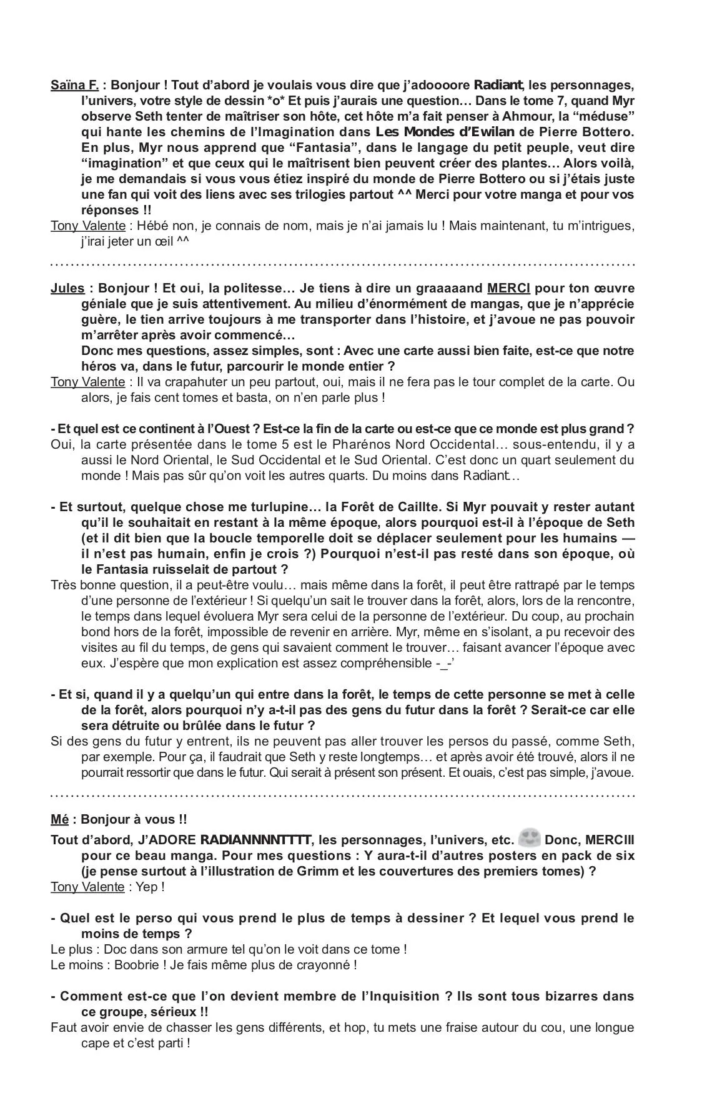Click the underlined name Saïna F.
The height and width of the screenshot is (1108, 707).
tap(74, 85)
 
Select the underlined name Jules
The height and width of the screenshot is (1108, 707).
tap(67, 288)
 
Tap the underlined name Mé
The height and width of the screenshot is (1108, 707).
tap(59, 819)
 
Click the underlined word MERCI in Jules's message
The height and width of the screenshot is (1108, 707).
tap(508, 288)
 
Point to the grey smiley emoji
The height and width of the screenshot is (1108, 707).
tap(529, 838)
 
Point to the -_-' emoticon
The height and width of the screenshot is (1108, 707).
tap(444, 663)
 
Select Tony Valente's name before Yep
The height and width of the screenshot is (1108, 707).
tap(87, 887)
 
